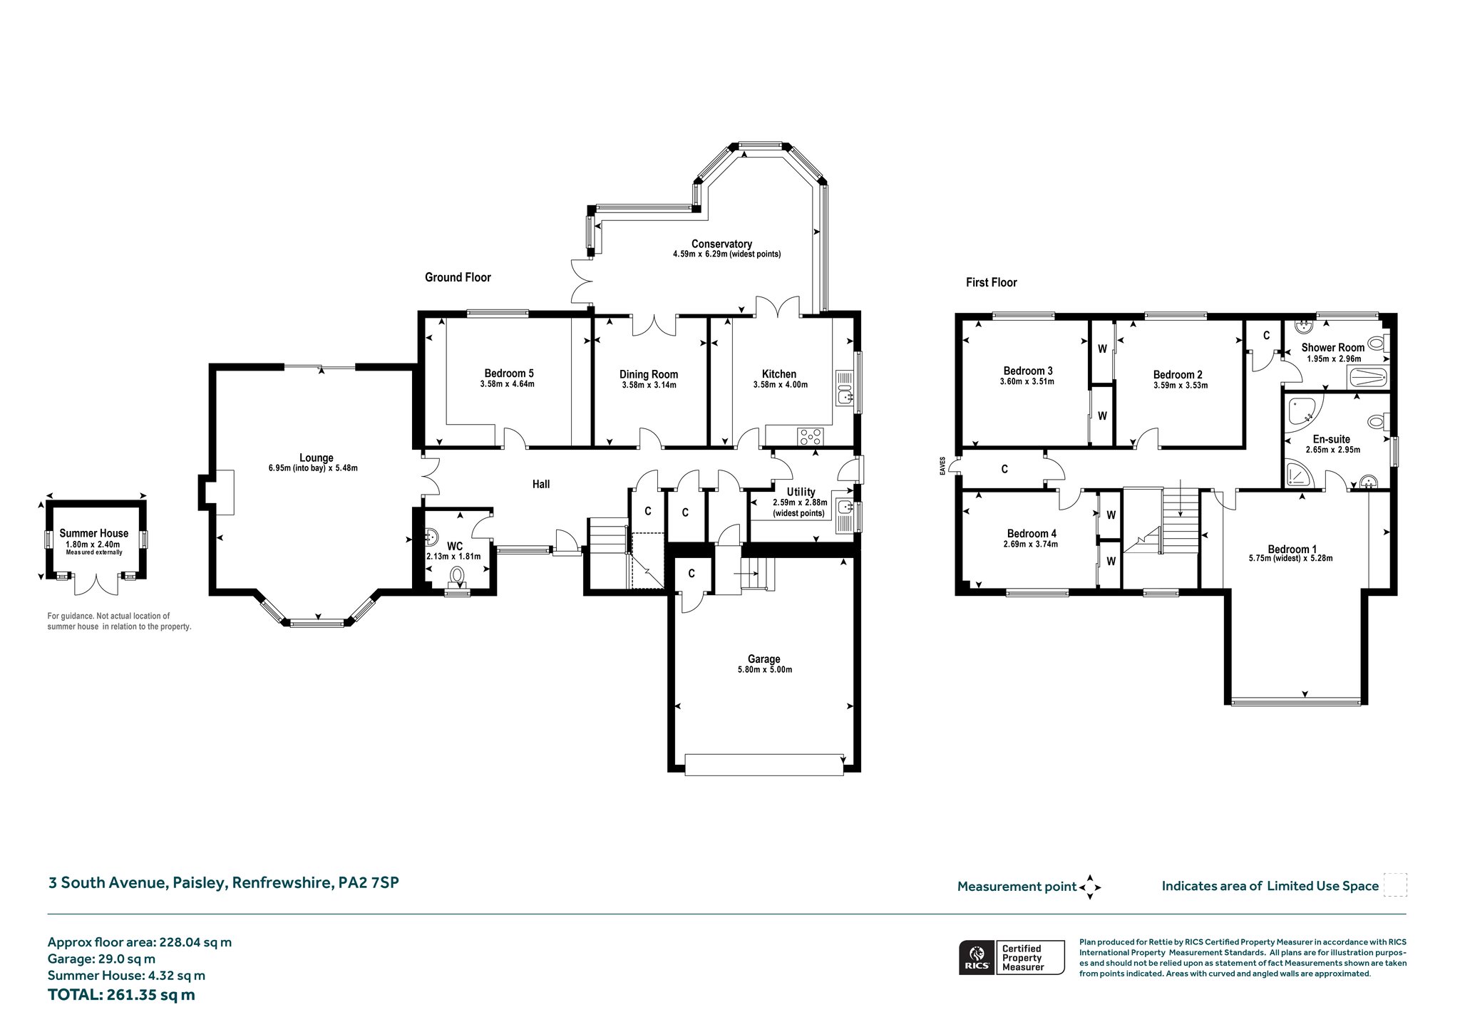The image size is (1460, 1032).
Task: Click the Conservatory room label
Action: [721, 244]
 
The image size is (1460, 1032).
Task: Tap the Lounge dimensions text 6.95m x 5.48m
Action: [317, 468]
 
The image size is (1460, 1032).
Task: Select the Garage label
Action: [764, 659]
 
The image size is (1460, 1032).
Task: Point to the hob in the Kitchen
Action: [811, 435]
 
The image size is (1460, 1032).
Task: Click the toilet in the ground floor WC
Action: [457, 575]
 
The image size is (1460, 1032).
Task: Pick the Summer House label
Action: [94, 533]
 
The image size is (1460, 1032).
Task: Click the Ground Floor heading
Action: [458, 277]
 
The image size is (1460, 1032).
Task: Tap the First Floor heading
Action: [991, 282]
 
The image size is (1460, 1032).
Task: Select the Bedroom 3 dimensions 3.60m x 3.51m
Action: [1028, 381]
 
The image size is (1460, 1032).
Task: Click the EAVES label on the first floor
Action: [942, 465]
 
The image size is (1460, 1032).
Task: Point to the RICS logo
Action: [977, 957]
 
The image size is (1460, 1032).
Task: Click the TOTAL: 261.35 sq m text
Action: [121, 995]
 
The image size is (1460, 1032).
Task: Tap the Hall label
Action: [541, 484]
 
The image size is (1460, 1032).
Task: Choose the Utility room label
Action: [801, 492]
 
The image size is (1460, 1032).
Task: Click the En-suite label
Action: [1332, 439]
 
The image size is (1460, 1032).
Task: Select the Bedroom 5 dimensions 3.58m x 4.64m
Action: [508, 384]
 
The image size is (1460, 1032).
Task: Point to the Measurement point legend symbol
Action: [1090, 887]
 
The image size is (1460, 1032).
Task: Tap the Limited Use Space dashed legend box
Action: [1395, 885]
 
